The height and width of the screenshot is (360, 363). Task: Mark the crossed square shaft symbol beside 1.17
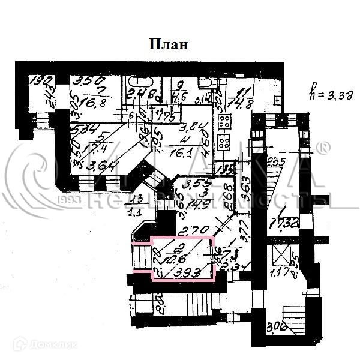pos(280,255)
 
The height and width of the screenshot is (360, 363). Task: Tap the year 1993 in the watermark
pos(70,200)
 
